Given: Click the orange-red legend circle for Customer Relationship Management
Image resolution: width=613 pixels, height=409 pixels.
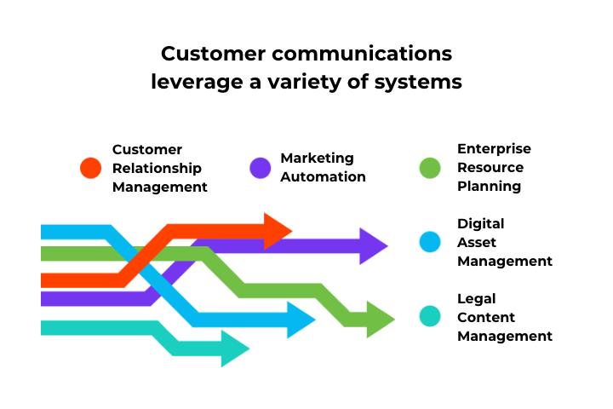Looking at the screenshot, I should [x=90, y=168].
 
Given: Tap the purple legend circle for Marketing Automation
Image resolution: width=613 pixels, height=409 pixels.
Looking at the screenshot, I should [x=260, y=168].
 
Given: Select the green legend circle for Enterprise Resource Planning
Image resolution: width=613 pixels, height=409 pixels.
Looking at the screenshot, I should [x=431, y=168].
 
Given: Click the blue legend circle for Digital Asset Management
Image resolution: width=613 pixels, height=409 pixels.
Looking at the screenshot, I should [x=431, y=242].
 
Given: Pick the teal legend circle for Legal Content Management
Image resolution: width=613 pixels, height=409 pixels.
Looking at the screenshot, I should [x=431, y=317].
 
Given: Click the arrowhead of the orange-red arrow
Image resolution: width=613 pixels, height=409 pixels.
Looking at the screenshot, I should [x=278, y=231].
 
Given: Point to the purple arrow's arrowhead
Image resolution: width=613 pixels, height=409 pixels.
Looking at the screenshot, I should [x=373, y=246].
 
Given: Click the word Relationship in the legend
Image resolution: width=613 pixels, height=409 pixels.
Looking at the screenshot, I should [x=157, y=169].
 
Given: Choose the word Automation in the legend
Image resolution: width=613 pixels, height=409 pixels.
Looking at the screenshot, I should [x=323, y=177].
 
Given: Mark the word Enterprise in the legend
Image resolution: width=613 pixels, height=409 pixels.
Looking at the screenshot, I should [x=494, y=149].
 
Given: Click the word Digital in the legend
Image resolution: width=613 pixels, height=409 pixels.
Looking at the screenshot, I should [x=481, y=224].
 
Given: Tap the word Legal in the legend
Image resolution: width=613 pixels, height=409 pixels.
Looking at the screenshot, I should [x=477, y=299].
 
